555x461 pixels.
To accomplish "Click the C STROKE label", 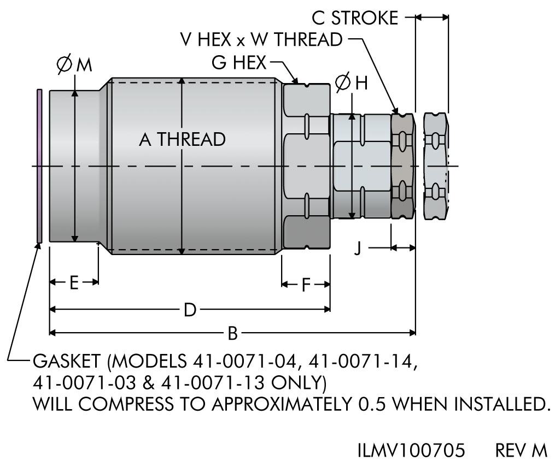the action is tap(355, 18).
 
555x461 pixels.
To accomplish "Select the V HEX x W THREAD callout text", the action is tap(261, 39).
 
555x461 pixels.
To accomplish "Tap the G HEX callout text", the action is tap(239, 63).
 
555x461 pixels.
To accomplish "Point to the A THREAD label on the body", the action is tap(182, 139).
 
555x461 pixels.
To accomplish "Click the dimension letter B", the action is tap(232, 333).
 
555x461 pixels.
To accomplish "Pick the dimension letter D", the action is tap(190, 310).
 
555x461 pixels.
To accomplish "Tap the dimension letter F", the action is tap(306, 285).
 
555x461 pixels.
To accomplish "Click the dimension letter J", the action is tap(358, 249).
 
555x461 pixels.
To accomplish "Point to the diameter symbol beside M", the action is tap(65, 64).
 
